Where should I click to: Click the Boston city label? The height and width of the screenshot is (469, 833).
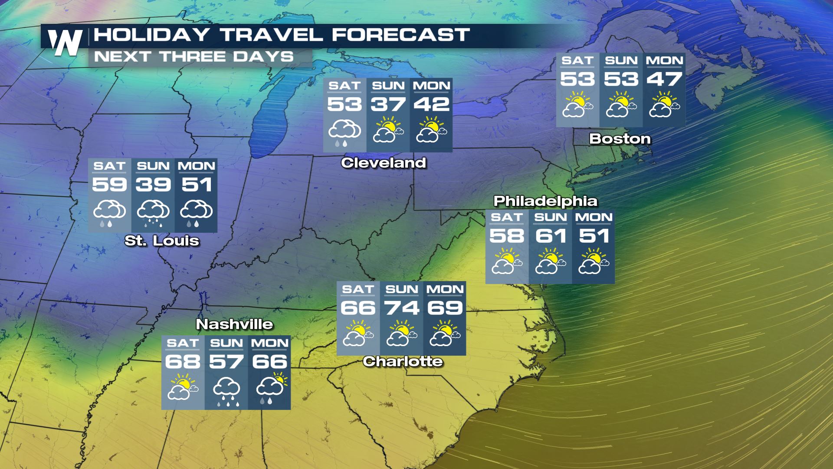point(620,139)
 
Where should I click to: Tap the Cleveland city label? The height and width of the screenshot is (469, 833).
point(384,163)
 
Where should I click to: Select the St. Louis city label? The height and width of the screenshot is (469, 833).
point(162,241)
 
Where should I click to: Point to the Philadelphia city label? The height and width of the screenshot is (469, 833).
point(545,201)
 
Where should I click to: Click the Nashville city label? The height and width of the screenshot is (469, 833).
point(234,324)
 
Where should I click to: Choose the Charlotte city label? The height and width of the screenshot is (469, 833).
point(403,361)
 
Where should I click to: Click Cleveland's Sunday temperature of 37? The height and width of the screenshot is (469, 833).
point(388,105)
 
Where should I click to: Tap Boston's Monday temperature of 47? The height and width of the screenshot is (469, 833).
point(664,79)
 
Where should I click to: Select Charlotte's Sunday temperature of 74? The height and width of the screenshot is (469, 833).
point(402,308)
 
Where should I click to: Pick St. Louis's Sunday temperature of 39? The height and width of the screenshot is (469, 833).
point(153,185)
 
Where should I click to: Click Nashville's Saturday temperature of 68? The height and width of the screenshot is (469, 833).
point(183,362)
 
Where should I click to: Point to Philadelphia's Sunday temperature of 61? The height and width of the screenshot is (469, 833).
point(551,236)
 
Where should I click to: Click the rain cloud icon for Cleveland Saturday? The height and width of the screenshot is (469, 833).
point(344,132)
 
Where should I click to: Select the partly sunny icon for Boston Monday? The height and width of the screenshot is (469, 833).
point(663,105)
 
